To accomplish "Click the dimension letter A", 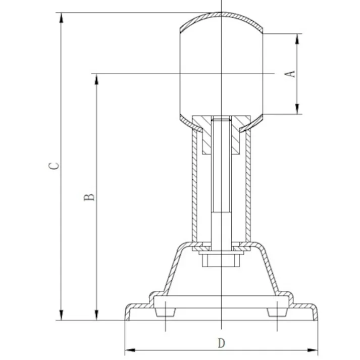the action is [x=290, y=74].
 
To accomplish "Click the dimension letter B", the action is [x=89, y=197].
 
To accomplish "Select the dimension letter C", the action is [x=54, y=166].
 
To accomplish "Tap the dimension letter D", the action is [x=221, y=343].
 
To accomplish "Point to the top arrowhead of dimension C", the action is [x=61, y=18].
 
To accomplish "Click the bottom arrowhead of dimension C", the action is [x=61, y=315].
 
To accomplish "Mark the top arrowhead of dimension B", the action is [x=96, y=79].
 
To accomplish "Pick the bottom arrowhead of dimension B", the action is [x=96, y=315].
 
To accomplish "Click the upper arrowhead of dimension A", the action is [x=297, y=39].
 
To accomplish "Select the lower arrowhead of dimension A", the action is [x=297, y=109].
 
